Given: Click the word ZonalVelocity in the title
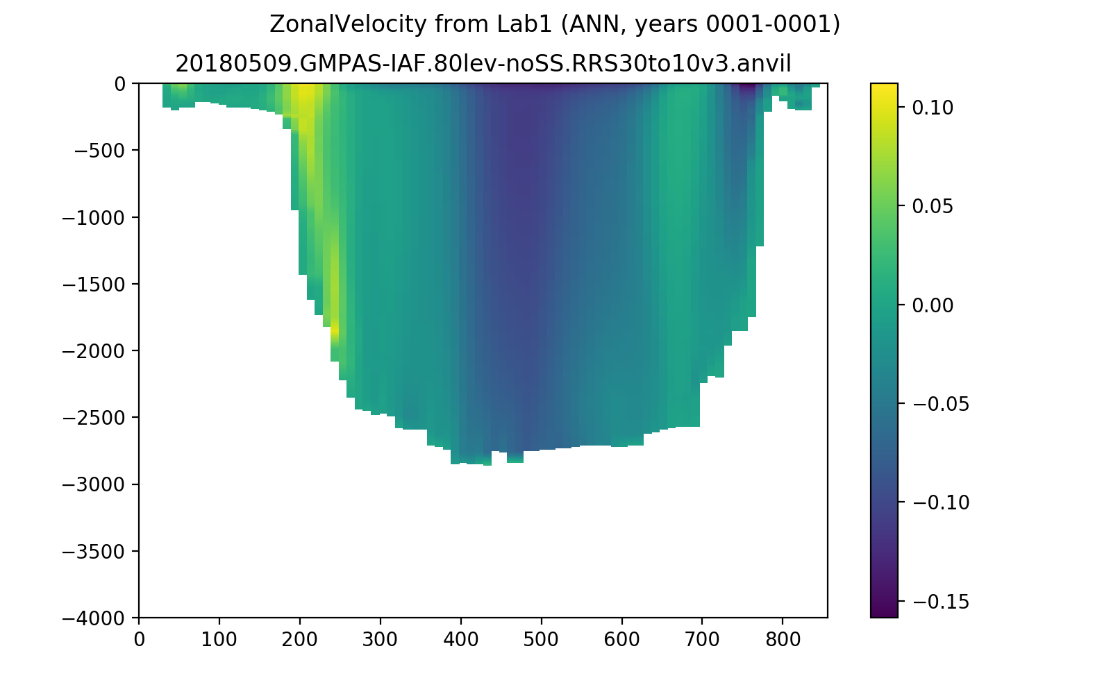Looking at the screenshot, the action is (x=348, y=24).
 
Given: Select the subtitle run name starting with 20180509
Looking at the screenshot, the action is (x=483, y=63).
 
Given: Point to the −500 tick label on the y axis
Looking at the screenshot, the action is (x=99, y=150).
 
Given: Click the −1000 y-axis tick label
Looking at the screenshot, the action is (x=93, y=217).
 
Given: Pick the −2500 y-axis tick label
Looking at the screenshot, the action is (x=93, y=417).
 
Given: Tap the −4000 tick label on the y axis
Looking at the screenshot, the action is (x=93, y=618).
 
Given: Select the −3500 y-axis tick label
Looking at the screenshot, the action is (x=93, y=551).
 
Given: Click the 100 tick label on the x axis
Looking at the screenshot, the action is (x=219, y=639).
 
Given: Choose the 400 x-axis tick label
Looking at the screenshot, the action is (x=461, y=639).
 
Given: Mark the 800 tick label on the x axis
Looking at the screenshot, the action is (x=783, y=639).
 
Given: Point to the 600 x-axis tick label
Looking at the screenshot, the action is (x=621, y=639).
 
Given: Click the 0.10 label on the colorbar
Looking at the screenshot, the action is (x=933, y=108).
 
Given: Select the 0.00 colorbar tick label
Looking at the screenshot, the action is (x=933, y=305).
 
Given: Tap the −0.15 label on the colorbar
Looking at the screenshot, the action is (x=940, y=602).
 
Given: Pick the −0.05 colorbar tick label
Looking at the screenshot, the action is (x=940, y=404).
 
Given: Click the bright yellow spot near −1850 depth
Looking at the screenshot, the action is (x=335, y=330).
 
